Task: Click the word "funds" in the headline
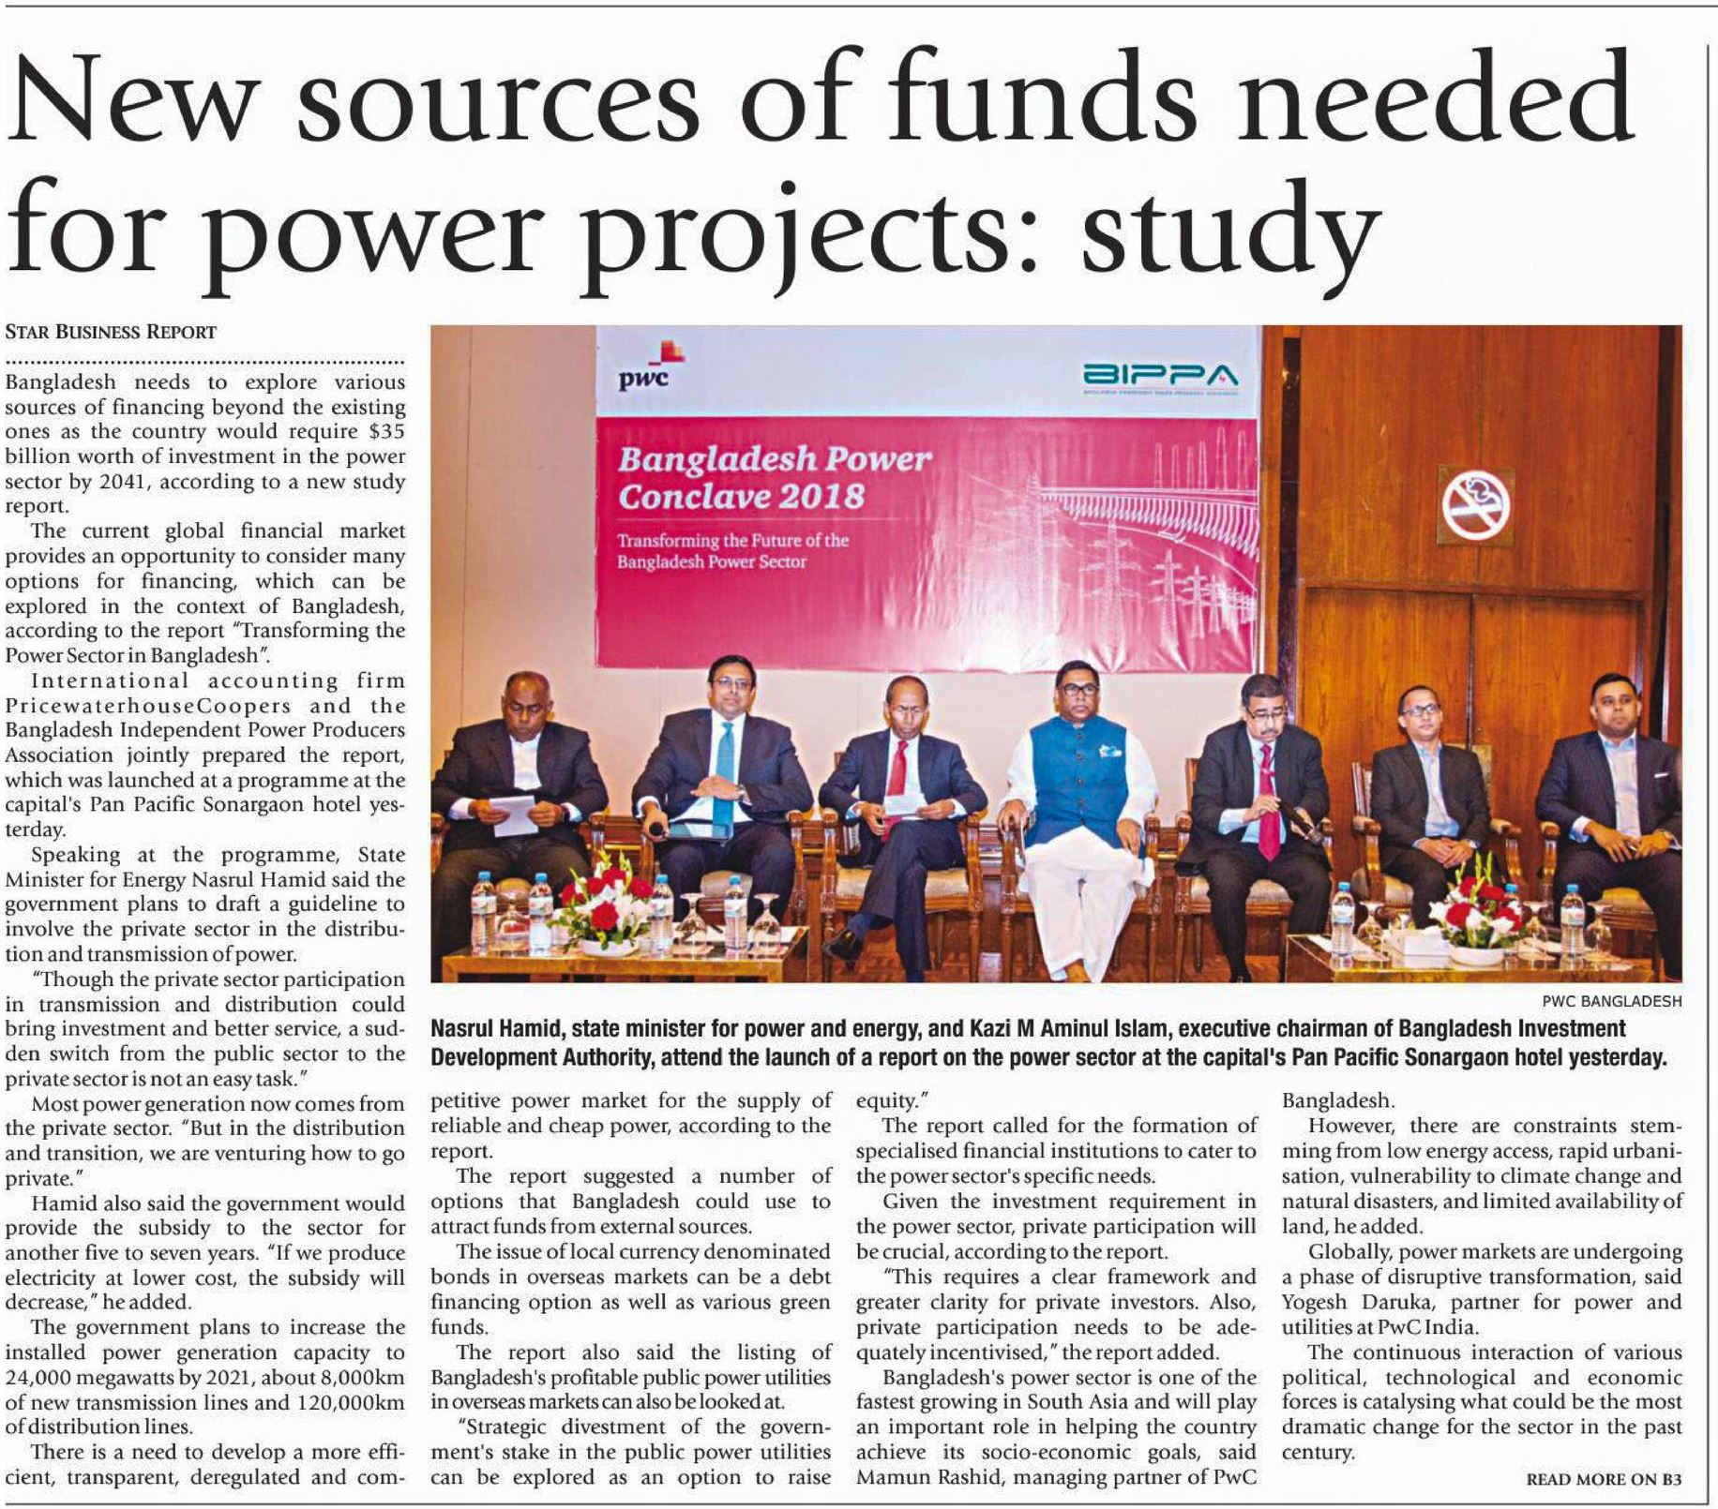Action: [x=1022, y=103]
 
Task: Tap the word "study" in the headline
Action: [x=1229, y=230]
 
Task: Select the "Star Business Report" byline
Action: [x=111, y=332]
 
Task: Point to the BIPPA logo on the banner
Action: [x=1159, y=377]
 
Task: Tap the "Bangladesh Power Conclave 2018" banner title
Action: [x=774, y=477]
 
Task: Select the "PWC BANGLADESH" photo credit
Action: [x=1611, y=1001]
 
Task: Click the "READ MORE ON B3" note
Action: [x=1604, y=1479]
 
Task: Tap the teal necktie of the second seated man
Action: [x=725, y=760]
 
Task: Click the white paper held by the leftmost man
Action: [x=513, y=813]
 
